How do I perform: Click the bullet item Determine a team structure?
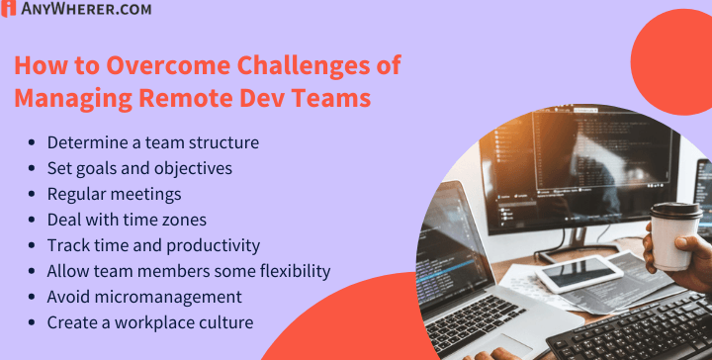point(152,142)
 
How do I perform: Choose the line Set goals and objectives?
point(139,168)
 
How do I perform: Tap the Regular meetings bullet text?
point(114,194)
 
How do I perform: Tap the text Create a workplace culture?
point(150,322)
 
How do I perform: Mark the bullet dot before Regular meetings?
point(36,195)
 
